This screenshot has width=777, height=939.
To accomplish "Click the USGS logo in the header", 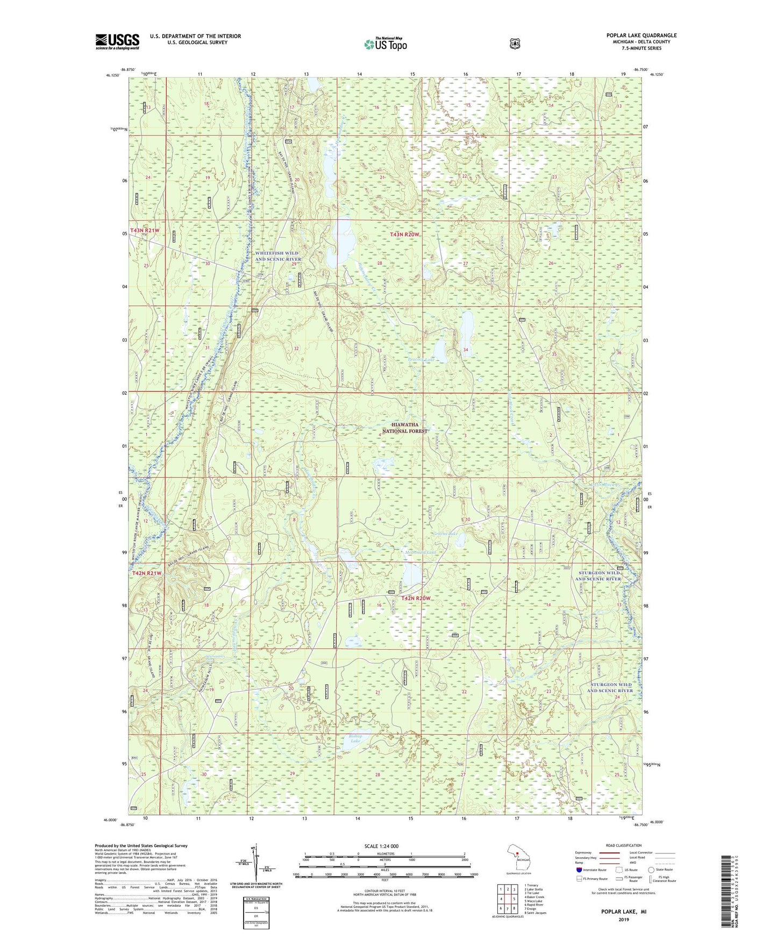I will [x=117, y=41].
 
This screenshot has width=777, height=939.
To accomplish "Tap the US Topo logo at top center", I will [x=384, y=44].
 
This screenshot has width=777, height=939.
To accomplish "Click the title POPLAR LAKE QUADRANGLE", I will [x=641, y=35].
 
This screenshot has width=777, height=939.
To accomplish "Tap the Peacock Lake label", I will [x=421, y=359].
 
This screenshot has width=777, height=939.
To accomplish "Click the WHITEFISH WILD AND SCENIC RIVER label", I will [x=278, y=256].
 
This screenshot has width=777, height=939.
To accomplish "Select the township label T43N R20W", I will [x=404, y=235].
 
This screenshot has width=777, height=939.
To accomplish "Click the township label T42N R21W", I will [x=147, y=573].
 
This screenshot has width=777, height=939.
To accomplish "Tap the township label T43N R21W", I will [x=145, y=230].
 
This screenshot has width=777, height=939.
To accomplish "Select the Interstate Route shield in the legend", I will [x=579, y=870].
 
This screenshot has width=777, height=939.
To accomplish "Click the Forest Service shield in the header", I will [x=515, y=44].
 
